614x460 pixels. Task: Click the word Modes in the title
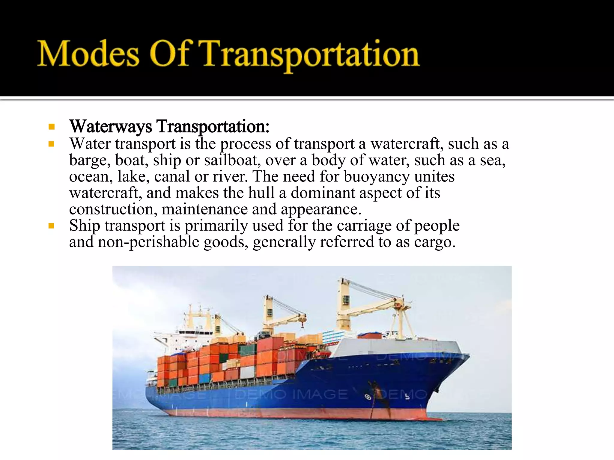pyautogui.click(x=88, y=54)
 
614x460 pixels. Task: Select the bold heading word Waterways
pyautogui.click(x=111, y=126)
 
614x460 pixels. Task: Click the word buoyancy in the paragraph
pyautogui.click(x=376, y=177)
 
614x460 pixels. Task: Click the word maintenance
pyautogui.click(x=204, y=209)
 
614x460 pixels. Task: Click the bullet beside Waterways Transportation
pyautogui.click(x=52, y=127)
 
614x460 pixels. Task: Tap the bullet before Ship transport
pyautogui.click(x=52, y=226)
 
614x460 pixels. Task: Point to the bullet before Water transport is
pyautogui.click(x=52, y=144)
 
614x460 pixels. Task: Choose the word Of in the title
pyautogui.click(x=169, y=54)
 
